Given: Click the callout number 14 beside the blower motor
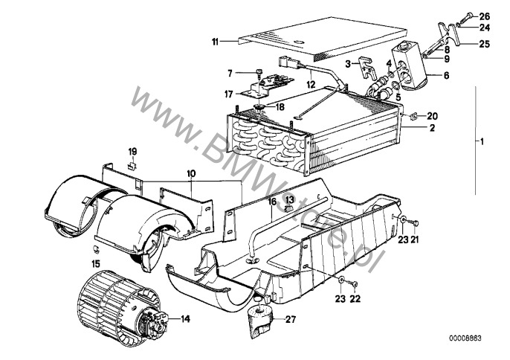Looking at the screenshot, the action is coord(185,319).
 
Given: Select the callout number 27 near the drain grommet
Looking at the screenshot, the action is coord(291,319).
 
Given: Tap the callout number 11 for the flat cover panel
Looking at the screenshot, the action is coord(215,42).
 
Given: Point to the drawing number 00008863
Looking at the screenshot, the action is coord(465,338).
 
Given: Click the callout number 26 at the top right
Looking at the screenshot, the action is coord(484,16).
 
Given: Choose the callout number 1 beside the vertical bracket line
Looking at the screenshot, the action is coord(482,141).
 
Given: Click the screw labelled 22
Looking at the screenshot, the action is coord(354,283).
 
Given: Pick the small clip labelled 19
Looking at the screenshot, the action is coord(132,165).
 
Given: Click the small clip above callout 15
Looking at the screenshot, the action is coord(96,249).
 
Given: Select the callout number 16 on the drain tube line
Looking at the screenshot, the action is coord(272,202).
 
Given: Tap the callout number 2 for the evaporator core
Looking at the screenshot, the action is coord(432,128).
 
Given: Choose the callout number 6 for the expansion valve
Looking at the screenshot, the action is coord(446,75).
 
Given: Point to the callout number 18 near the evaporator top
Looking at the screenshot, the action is coord(280,106).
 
